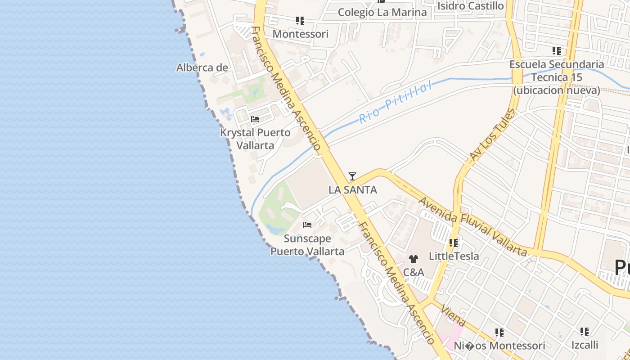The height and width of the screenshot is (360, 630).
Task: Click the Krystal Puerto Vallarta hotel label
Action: [x=255, y=139]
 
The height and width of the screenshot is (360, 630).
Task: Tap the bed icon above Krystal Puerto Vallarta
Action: [x=255, y=120]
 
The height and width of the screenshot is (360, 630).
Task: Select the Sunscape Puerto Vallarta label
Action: [x=307, y=245]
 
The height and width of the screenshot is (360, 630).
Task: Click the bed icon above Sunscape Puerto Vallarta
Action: [x=307, y=225]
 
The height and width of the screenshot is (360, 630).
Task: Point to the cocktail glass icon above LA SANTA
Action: [x=352, y=176]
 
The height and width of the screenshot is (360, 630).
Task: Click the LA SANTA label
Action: [x=353, y=190]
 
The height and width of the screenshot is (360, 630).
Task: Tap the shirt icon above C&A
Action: [x=413, y=259]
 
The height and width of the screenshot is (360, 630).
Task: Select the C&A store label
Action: [x=413, y=272]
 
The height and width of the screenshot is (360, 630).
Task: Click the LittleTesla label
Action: [x=454, y=256]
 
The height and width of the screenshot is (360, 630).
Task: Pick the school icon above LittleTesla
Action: [x=454, y=243]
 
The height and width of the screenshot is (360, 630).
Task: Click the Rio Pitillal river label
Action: [x=395, y=103]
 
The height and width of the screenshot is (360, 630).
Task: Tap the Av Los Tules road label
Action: [x=492, y=135]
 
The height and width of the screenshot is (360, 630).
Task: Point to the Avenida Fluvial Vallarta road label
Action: [x=472, y=226]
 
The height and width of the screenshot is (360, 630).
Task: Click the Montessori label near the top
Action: [x=301, y=34]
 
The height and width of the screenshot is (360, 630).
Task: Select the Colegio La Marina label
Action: [x=382, y=12]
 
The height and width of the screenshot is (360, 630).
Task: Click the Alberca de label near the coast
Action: [x=202, y=67]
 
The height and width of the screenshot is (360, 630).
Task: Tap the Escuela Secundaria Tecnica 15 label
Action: [x=557, y=77]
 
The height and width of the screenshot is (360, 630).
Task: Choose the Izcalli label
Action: [x=585, y=345]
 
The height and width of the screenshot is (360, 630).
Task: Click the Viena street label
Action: [x=453, y=315]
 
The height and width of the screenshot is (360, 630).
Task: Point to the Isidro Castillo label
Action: [x=471, y=6]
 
